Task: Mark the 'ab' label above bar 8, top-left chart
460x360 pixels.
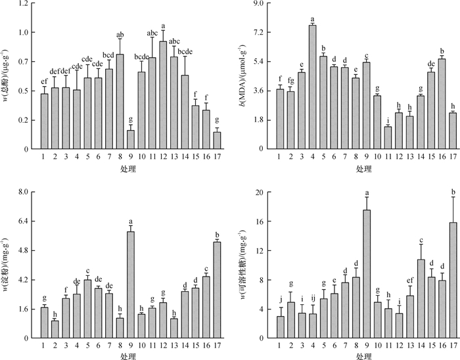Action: tap(120, 35)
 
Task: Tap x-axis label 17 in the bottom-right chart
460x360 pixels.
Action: tap(453, 344)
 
